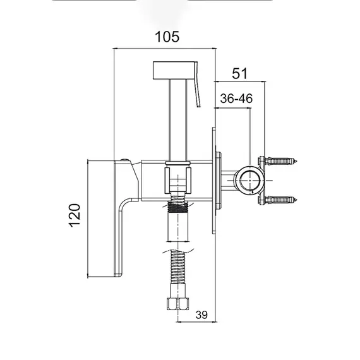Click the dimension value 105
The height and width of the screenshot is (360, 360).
point(167,37)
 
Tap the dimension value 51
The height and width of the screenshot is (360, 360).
point(239,73)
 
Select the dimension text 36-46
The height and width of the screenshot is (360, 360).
point(236,99)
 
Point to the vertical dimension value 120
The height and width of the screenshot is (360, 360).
point(75,215)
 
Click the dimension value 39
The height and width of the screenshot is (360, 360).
point(201,315)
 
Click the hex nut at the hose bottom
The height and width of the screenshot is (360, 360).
point(178,304)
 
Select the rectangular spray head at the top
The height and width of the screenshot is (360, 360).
point(174,70)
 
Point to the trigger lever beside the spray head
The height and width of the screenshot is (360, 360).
point(198,85)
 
